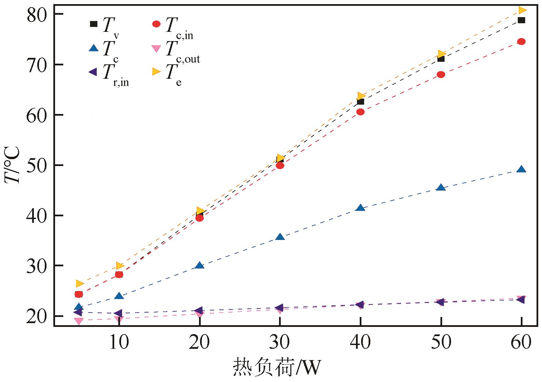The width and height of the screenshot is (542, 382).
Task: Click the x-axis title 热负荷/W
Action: pyautogui.click(x=277, y=368)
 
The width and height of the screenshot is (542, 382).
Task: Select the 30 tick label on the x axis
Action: pyautogui.click(x=280, y=342)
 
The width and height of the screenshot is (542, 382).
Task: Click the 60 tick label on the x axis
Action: pyautogui.click(x=521, y=342)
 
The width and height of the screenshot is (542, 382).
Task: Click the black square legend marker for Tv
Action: pyautogui.click(x=93, y=24)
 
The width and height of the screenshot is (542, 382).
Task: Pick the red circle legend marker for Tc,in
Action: pyautogui.click(x=156, y=24)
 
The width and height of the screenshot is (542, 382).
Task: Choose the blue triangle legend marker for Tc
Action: pyautogui.click(x=93, y=48)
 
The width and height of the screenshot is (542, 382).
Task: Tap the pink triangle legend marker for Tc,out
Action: pyautogui.click(x=156, y=49)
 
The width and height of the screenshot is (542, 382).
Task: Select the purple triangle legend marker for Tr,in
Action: pyautogui.click(x=93, y=72)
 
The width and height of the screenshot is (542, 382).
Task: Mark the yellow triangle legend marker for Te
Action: pyautogui.click(x=157, y=72)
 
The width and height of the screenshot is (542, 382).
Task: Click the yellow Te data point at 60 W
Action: pyautogui.click(x=522, y=10)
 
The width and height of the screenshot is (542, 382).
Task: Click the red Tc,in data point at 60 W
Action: pyautogui.click(x=521, y=41)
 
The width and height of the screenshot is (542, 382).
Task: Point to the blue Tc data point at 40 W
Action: pyautogui.click(x=360, y=208)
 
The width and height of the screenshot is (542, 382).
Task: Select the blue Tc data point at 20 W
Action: pyautogui.click(x=199, y=265)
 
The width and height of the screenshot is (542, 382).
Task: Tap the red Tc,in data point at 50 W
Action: pyautogui.click(x=441, y=75)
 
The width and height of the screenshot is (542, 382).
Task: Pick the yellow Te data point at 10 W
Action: pyautogui.click(x=120, y=266)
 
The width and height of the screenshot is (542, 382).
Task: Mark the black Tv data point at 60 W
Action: pyautogui.click(x=521, y=20)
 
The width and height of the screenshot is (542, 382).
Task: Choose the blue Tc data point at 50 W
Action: pyautogui.click(x=441, y=188)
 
